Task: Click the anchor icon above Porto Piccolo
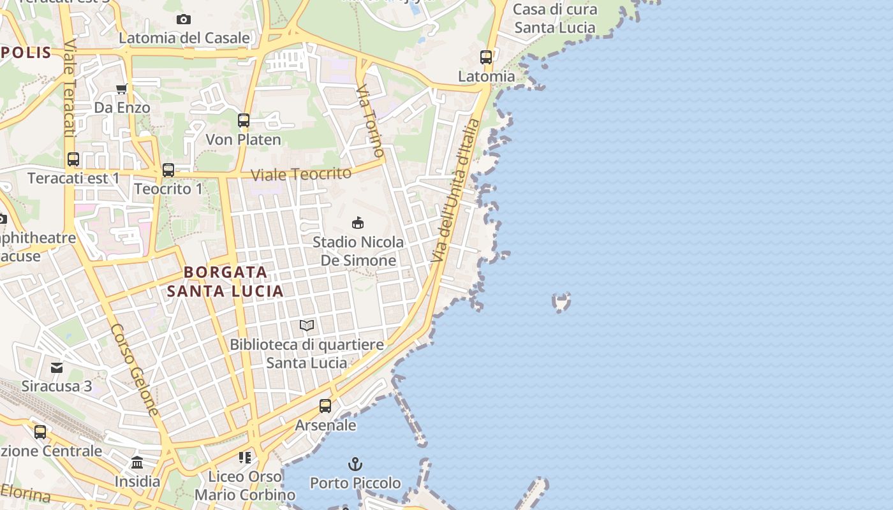[x=355, y=464]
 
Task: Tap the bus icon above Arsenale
[x=325, y=406]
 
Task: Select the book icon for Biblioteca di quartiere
[x=307, y=326]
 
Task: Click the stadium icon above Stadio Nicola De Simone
[x=358, y=223]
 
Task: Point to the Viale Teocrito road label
[x=301, y=174]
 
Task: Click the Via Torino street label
[x=371, y=120]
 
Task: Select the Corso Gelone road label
[x=135, y=370]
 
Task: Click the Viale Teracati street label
[x=69, y=89]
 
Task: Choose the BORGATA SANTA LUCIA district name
[x=225, y=281]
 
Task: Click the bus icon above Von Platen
[x=244, y=120]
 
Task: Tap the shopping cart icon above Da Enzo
[x=121, y=89]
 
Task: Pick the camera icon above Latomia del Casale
[x=184, y=20]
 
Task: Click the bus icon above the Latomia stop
[x=486, y=57]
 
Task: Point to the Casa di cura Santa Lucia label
[x=555, y=18]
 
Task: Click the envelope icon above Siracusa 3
[x=57, y=367]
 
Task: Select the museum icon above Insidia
[x=137, y=462]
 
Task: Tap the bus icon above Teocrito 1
[x=168, y=170]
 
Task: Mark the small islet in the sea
[x=561, y=302]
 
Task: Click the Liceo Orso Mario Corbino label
[x=245, y=485]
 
